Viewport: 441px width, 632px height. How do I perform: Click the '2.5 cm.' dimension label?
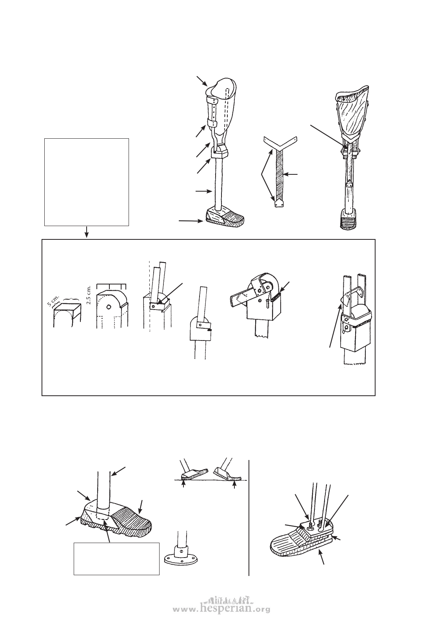tap(90, 295)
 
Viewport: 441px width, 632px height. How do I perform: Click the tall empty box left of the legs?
tap(87, 182)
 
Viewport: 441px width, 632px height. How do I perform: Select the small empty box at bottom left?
tap(116, 558)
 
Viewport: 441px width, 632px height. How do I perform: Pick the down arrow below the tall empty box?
tap(87, 232)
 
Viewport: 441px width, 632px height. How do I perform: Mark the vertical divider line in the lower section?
tap(249, 517)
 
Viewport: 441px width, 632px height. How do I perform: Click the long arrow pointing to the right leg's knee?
tap(328, 136)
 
